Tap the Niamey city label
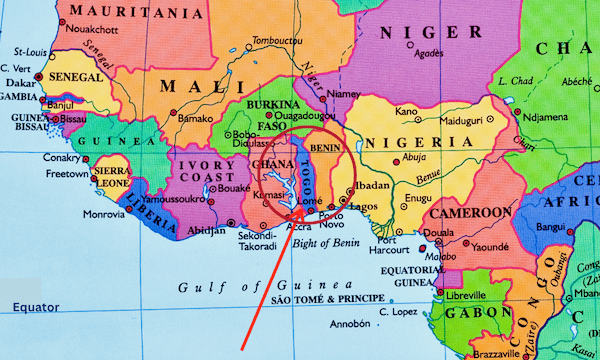343,96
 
